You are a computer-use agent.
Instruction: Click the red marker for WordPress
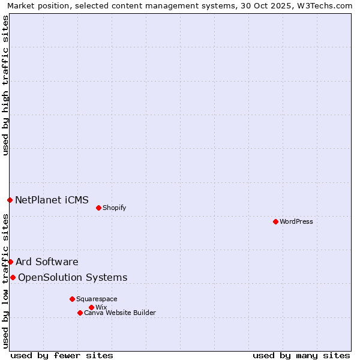[x=275, y=222]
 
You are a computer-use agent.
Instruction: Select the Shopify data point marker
[x=98, y=208]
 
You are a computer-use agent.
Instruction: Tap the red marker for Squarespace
[x=72, y=299]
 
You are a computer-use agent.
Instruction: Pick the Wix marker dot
[x=91, y=307]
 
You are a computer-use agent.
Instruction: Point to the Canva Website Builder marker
[x=80, y=313]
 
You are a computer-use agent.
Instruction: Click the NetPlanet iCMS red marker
[x=10, y=200]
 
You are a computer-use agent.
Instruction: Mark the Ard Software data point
[x=10, y=262]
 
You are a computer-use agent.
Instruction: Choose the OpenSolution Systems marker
[x=13, y=277]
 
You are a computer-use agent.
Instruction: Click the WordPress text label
[x=296, y=222]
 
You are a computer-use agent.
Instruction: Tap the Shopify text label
[x=115, y=208]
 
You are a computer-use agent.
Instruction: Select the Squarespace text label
[x=97, y=299]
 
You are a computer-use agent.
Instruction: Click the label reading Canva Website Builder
[x=120, y=313]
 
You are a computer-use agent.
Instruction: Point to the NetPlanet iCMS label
[x=52, y=200]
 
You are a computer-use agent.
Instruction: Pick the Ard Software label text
[x=47, y=262]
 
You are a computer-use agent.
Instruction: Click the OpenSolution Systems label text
[x=73, y=277]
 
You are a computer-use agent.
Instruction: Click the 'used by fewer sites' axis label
[x=62, y=355]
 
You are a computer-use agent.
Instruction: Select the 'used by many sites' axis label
[x=301, y=355]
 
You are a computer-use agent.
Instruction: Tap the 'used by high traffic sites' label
[x=6, y=85]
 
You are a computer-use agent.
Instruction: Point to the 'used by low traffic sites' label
[x=6, y=281]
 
